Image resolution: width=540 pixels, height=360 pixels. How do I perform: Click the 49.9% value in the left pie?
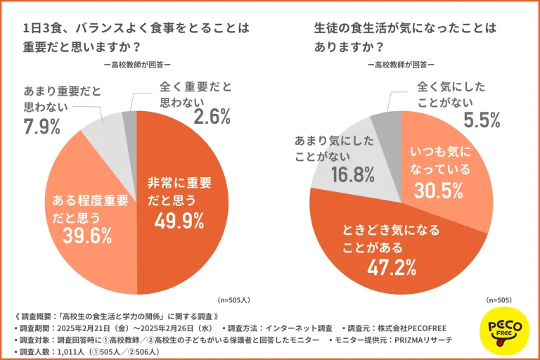(x=179, y=221)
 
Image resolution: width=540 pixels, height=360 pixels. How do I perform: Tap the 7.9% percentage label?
(x=41, y=127)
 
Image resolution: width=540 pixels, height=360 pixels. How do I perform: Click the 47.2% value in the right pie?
(x=391, y=266)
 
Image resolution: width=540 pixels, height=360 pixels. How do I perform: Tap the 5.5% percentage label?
(x=482, y=120)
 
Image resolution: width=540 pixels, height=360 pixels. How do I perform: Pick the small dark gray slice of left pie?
(x=129, y=120)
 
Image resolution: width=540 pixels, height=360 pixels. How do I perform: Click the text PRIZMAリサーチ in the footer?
(x=418, y=340)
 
